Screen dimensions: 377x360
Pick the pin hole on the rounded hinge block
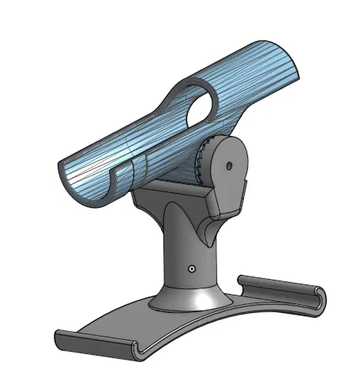(228, 167)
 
